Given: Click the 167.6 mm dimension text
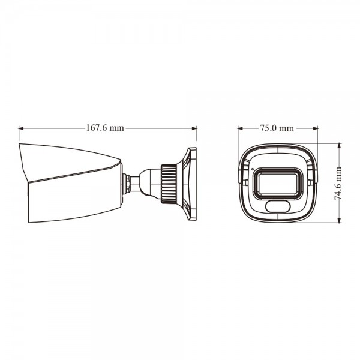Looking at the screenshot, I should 105,128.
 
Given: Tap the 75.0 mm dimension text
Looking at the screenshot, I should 277,128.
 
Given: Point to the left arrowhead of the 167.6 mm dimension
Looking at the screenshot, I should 21,128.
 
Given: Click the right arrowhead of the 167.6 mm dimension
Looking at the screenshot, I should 194,128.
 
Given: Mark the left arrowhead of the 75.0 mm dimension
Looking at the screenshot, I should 240,128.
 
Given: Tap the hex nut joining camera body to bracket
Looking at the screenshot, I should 127,182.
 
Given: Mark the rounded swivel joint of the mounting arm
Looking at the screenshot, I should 146,182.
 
